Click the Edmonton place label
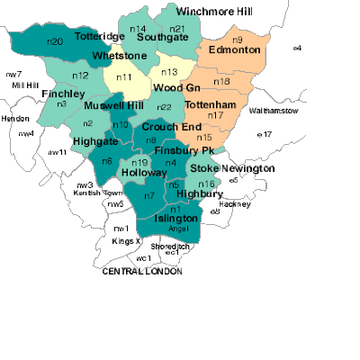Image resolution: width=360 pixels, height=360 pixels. (x=234, y=50)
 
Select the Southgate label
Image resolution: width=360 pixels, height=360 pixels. (x=162, y=39)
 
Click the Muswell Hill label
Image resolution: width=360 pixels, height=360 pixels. (x=112, y=105)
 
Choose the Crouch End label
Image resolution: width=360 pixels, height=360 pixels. (x=172, y=128)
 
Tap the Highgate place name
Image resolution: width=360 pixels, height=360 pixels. (x=94, y=141)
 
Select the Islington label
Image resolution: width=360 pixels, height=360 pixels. (x=176, y=220)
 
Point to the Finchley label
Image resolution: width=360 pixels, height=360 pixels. (x=63, y=94)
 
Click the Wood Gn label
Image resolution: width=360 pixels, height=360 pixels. (x=175, y=88)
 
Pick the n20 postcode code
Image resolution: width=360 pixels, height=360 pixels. (x=54, y=42)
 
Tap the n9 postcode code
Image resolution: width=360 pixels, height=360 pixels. (x=238, y=40)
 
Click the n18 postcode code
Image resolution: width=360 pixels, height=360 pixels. (x=221, y=82)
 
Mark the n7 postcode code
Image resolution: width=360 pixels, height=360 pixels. (x=149, y=195)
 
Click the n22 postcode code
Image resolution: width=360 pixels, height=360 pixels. (x=164, y=107)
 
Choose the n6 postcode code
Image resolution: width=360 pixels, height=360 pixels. (x=106, y=161)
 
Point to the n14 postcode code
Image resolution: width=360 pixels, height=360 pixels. (x=138, y=30)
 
